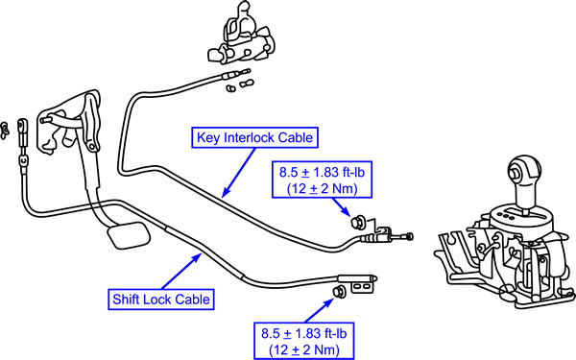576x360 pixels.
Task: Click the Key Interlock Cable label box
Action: [254, 137]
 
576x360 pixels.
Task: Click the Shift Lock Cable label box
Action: [161, 300]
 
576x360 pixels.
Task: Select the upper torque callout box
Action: [322, 180]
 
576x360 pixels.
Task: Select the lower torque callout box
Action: [303, 341]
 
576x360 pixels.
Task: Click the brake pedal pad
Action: [129, 235]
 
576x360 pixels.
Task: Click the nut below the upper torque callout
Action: [357, 222]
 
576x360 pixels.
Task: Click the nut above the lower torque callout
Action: [339, 291]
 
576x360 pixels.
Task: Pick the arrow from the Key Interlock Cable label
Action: [238, 172]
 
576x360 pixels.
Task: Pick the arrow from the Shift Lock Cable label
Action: [181, 271]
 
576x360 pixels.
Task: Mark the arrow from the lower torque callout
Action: [320, 310]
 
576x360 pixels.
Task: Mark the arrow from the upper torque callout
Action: [341, 206]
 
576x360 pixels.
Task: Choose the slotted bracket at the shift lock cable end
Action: [364, 286]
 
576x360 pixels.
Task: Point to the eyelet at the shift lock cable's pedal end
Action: [22, 126]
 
